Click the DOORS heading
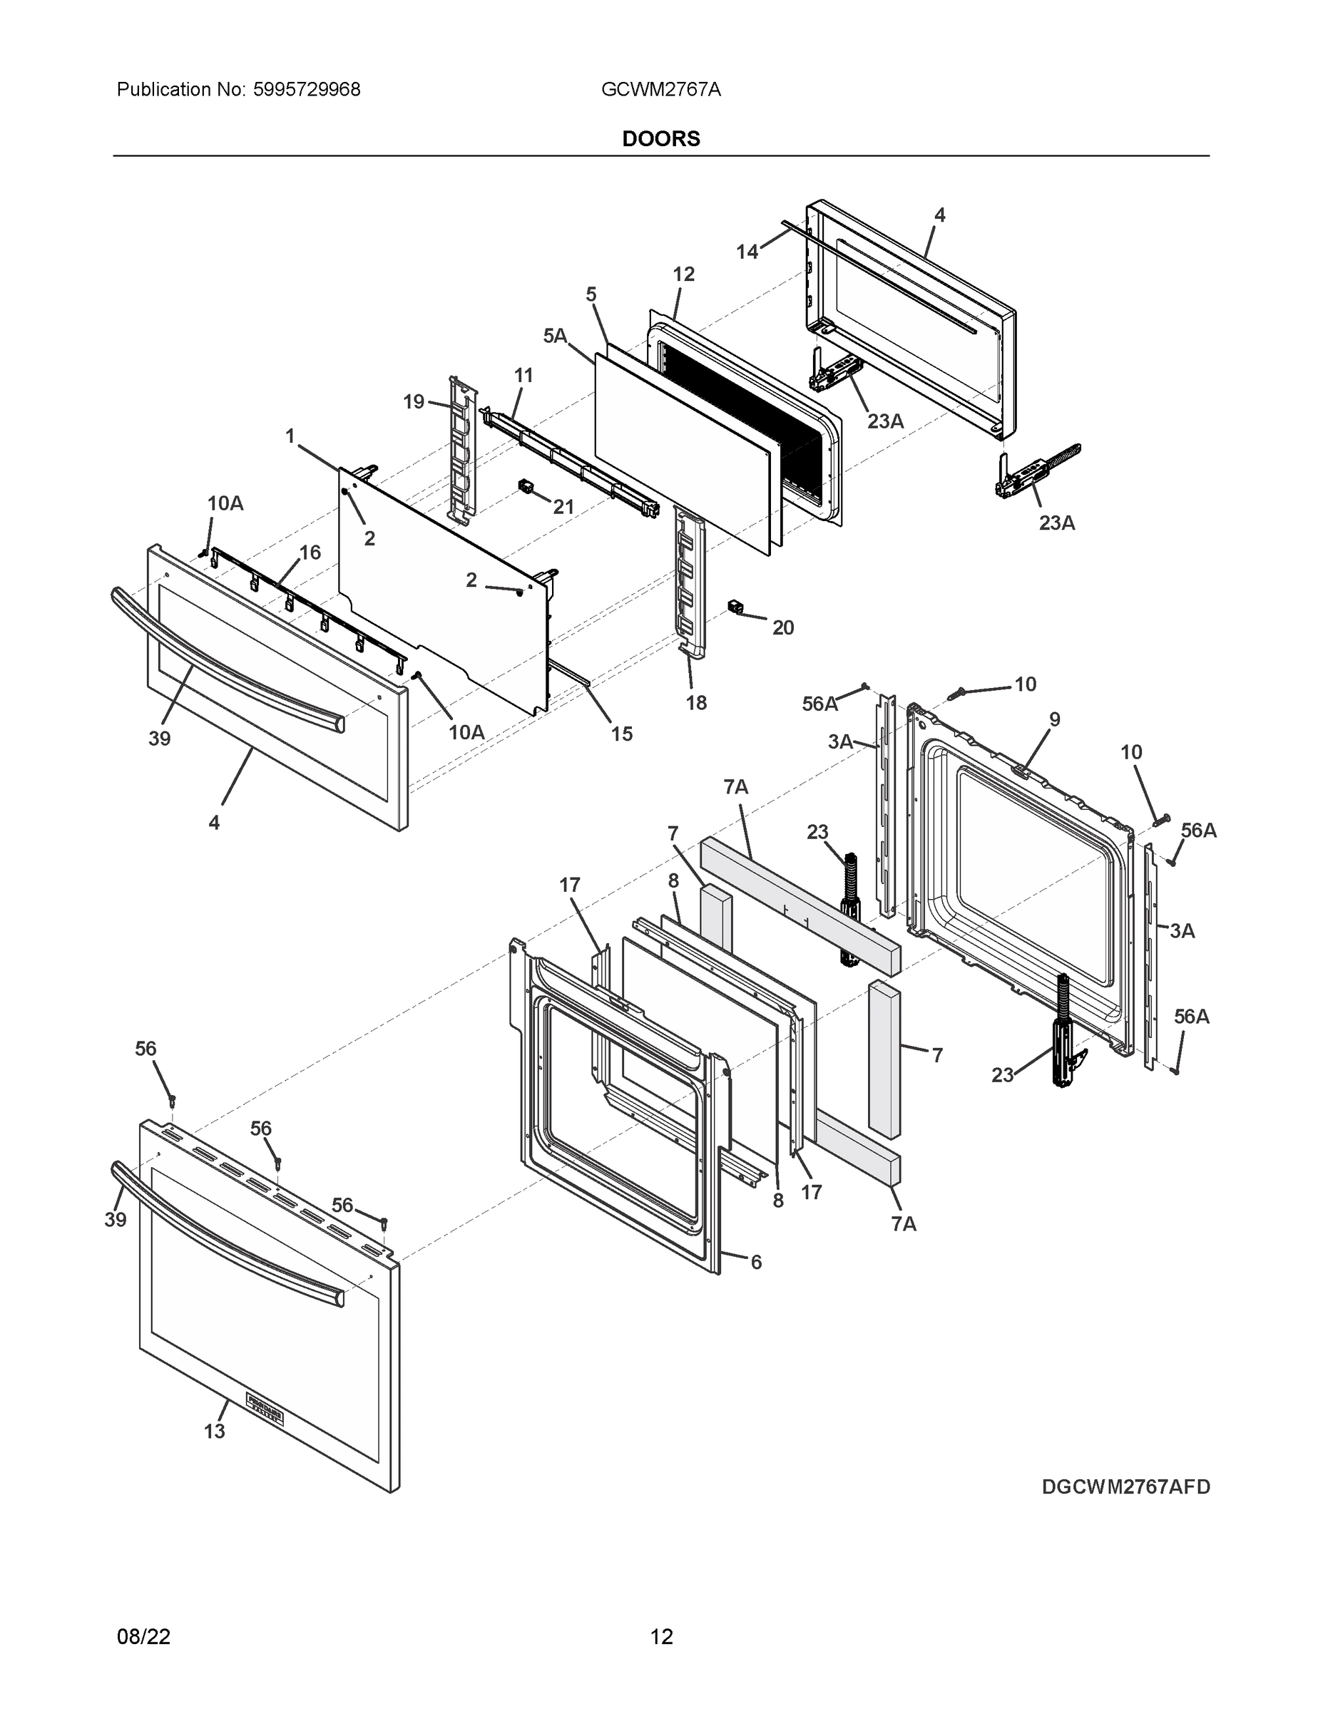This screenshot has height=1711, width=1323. click(660, 139)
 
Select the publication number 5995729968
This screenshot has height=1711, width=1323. click(307, 90)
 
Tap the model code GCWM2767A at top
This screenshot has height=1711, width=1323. click(660, 90)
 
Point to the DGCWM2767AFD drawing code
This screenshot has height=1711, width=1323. click(1125, 1487)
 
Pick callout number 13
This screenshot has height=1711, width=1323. click(214, 1432)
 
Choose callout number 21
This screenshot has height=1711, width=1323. click(563, 507)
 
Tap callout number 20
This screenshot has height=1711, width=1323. click(783, 627)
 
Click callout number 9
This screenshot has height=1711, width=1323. click(1054, 719)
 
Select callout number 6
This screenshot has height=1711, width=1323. click(755, 1262)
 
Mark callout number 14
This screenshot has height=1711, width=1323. click(747, 252)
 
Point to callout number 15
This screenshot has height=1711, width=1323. click(621, 734)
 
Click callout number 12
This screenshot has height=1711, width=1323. click(683, 274)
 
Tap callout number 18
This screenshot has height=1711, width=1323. click(696, 703)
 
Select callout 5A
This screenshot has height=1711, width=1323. click(555, 336)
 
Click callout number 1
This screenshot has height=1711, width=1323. click(290, 436)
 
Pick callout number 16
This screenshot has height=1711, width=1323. click(310, 553)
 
